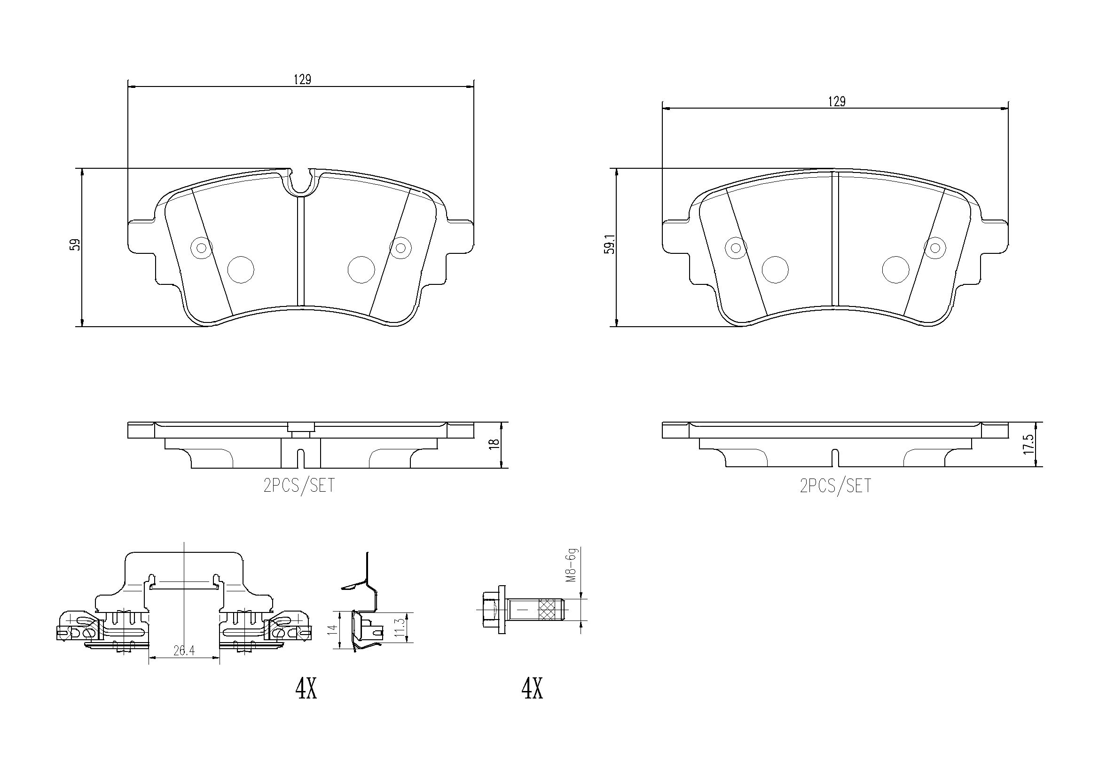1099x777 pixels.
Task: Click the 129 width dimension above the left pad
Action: pyautogui.click(x=303, y=79)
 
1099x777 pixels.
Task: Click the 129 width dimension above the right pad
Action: pyautogui.click(x=837, y=102)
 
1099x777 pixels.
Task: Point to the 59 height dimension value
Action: pyautogui.click(x=75, y=244)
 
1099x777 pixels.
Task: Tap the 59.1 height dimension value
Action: pyautogui.click(x=609, y=243)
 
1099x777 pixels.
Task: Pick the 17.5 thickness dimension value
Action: pyautogui.click(x=1029, y=445)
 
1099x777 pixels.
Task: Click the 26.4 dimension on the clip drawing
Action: pyautogui.click(x=184, y=651)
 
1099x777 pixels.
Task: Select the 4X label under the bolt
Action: pyautogui.click(x=532, y=689)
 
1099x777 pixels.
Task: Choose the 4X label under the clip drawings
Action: pyautogui.click(x=306, y=689)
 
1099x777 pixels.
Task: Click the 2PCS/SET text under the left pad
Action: pyautogui.click(x=299, y=486)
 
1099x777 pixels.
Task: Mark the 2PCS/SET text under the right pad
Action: pyautogui.click(x=835, y=486)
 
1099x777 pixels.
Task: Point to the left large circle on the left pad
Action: pyautogui.click(x=241, y=269)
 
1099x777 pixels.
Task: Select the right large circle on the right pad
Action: pyautogui.click(x=895, y=269)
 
